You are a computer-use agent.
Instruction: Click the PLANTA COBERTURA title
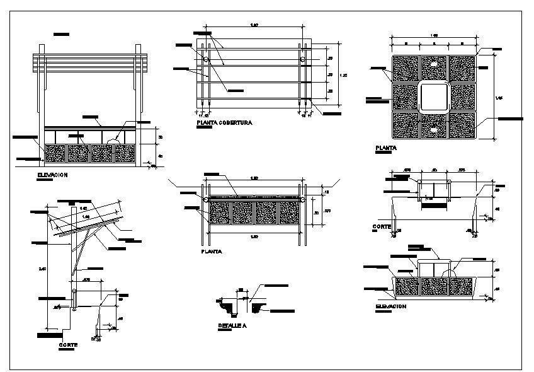(x=224, y=123)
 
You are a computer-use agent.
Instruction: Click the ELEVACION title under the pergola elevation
(x=52, y=175)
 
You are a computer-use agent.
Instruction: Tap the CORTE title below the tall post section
(x=68, y=345)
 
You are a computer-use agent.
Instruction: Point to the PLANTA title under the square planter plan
(x=385, y=148)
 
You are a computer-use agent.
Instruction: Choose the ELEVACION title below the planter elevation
(x=390, y=306)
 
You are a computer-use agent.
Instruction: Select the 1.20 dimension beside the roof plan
(x=343, y=75)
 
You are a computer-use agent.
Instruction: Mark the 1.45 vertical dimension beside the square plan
(x=499, y=97)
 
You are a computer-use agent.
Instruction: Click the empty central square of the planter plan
(x=434, y=97)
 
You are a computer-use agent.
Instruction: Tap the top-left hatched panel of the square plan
(x=404, y=68)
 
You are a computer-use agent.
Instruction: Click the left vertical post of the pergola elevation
(x=42, y=107)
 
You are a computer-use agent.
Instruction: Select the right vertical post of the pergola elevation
(x=137, y=107)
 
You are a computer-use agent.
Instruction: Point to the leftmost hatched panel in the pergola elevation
(x=55, y=153)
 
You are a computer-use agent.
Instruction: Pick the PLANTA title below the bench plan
(x=210, y=251)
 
